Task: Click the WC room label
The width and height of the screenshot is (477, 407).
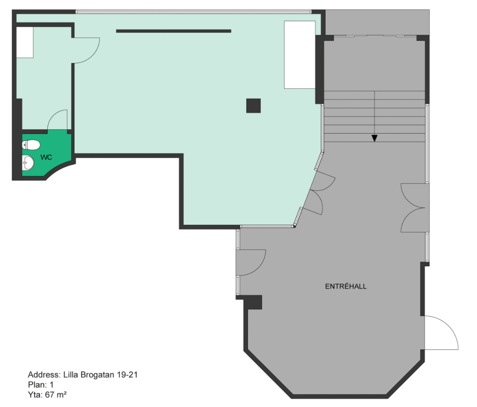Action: [46, 157]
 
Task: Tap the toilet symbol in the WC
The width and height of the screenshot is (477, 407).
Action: [31, 145]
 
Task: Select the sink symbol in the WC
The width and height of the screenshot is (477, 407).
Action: [28, 163]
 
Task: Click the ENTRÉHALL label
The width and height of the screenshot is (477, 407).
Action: [346, 287]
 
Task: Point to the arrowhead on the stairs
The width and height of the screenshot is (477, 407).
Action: [375, 138]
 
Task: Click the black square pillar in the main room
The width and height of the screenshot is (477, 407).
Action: [253, 106]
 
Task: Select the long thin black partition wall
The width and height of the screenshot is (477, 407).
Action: [174, 31]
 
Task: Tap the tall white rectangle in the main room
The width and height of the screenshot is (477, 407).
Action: [300, 55]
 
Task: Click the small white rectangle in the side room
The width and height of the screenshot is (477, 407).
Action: [25, 42]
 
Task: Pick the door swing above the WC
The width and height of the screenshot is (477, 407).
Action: [58, 120]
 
